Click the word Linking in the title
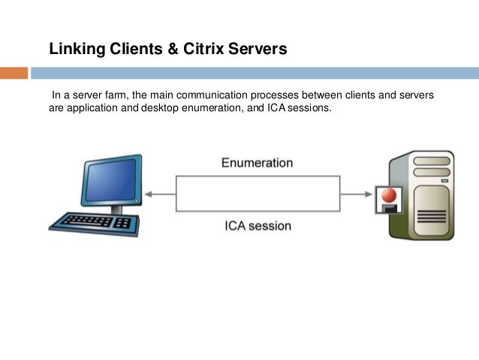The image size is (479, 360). click(74, 50)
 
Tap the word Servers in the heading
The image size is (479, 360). click(260, 50)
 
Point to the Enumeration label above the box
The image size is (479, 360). click(257, 162)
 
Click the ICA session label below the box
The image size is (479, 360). click(258, 225)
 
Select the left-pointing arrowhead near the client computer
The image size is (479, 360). click(148, 194)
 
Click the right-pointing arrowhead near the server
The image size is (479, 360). click(368, 194)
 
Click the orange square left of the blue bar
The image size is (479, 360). click(14, 73)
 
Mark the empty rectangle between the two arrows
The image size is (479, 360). click(258, 194)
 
